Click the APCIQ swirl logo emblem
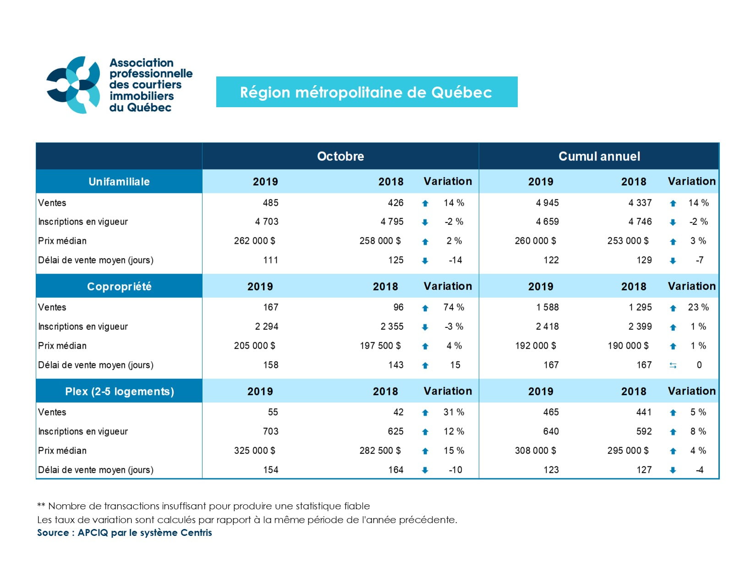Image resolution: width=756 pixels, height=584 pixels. coord(74,85)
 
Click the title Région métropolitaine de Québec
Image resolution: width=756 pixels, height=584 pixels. coord(366,93)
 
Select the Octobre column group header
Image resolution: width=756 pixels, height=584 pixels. coord(340,156)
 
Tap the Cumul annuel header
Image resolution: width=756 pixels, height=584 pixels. coord(599,156)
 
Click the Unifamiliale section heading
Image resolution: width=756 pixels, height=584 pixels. coord(119,182)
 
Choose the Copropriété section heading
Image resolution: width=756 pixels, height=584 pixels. coord(119,287)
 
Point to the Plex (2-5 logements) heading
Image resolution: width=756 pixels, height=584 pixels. coord(119,392)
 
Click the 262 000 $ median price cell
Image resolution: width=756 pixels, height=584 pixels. coord(254,241)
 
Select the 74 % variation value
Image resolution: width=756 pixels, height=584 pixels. coord(454,307)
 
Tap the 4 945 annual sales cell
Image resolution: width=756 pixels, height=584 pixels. coord(547,203)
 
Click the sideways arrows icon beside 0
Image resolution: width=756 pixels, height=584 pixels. coord(673,366)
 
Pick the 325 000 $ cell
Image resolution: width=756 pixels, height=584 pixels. coord(254,451)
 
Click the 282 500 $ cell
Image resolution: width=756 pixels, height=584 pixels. coord(380,451)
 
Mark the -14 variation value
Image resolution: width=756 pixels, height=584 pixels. coord(455,260)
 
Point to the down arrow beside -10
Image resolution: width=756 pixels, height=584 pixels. coord(425,470)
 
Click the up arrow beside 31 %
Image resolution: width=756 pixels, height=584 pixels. coord(425,413)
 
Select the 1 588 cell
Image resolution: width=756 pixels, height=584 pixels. coord(547,307)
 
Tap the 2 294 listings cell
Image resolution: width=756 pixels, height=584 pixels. coord(267,327)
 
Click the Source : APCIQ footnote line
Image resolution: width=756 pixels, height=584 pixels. coord(124,533)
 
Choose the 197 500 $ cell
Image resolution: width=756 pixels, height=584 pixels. coord(380,346)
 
